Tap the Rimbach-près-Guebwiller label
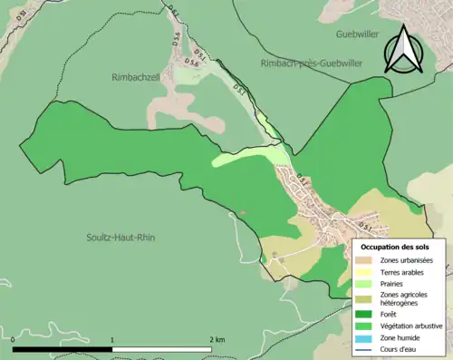(x=308, y=63)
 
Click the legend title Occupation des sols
(x=395, y=247)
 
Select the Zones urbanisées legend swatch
(x=367, y=261)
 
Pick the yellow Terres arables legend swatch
(x=367, y=272)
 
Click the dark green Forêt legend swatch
(x=367, y=315)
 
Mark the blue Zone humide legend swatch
(x=367, y=336)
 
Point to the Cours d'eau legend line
(x=367, y=347)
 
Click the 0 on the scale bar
(x=14, y=338)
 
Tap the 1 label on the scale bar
(x=112, y=338)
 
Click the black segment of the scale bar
(x=63, y=349)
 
